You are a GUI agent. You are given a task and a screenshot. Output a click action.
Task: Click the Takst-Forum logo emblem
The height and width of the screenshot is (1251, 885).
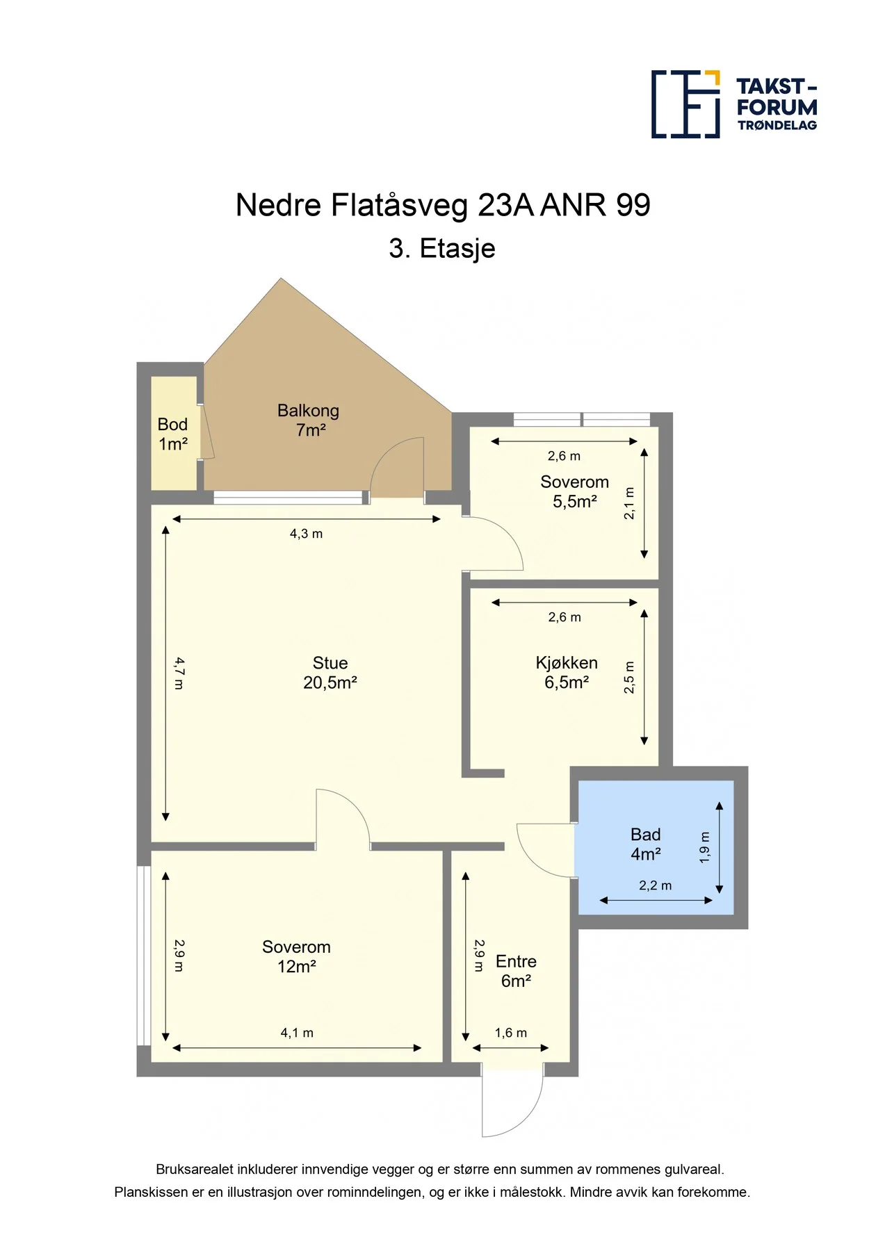pyautogui.click(x=685, y=104)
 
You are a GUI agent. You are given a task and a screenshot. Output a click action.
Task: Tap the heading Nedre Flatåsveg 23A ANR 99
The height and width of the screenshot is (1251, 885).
pyautogui.click(x=443, y=205)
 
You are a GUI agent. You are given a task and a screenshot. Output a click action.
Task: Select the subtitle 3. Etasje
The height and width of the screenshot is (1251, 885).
pyautogui.click(x=442, y=248)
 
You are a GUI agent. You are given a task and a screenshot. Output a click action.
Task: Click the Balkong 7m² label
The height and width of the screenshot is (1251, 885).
pyautogui.click(x=309, y=420)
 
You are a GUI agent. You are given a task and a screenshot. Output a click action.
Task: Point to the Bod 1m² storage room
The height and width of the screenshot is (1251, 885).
pyautogui.click(x=174, y=433)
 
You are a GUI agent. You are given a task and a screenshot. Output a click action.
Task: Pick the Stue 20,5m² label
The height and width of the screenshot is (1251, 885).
pyautogui.click(x=330, y=673)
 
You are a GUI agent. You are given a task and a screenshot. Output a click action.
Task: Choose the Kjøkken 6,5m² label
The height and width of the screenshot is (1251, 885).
pyautogui.click(x=567, y=673)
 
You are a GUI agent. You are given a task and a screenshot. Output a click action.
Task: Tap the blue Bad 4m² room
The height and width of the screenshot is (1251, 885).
pyautogui.click(x=656, y=847)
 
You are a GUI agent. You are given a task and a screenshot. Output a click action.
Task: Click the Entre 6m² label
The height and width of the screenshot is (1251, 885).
pyautogui.click(x=516, y=971)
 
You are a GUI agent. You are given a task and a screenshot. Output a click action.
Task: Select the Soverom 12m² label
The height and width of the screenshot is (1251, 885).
pyautogui.click(x=297, y=956)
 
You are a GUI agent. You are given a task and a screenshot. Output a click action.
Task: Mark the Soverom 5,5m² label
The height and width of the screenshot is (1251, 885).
pyautogui.click(x=575, y=491)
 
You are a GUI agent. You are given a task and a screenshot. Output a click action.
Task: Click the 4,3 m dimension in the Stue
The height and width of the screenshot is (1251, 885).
pyautogui.click(x=306, y=534)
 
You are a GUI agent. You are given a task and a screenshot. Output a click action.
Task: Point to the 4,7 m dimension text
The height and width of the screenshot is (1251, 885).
pyautogui.click(x=179, y=673)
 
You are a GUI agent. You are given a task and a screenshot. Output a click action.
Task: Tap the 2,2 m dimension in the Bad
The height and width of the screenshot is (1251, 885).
pyautogui.click(x=656, y=885)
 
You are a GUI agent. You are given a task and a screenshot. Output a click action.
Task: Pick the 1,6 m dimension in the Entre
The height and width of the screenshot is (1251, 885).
pyautogui.click(x=511, y=1033)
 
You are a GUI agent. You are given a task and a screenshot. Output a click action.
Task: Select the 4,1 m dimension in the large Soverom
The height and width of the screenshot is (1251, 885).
pyautogui.click(x=297, y=1033)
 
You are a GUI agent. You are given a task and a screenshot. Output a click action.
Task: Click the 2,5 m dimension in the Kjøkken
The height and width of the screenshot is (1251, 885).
pyautogui.click(x=629, y=677)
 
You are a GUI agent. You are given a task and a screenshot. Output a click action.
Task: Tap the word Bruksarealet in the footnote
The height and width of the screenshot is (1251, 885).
pyautogui.click(x=195, y=1170)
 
